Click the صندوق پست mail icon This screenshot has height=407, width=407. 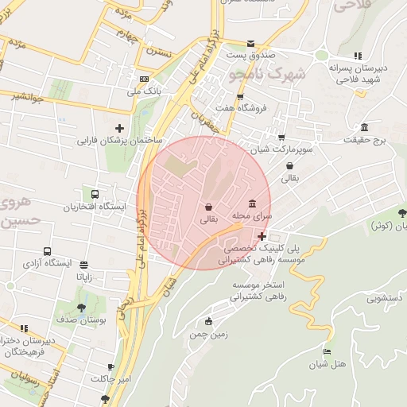[x=251, y=43]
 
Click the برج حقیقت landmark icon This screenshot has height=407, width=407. [x=364, y=128]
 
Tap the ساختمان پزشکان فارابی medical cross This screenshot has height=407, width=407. [x=119, y=128]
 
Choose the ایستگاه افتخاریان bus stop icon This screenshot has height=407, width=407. [x=95, y=194]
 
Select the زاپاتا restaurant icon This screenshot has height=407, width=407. [x=83, y=265]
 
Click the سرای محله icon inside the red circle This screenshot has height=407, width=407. [x=252, y=203]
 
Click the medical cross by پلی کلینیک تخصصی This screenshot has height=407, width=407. [x=262, y=236]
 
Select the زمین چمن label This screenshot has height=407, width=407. [x=209, y=335]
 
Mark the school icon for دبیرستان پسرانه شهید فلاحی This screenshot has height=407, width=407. [x=358, y=56]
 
